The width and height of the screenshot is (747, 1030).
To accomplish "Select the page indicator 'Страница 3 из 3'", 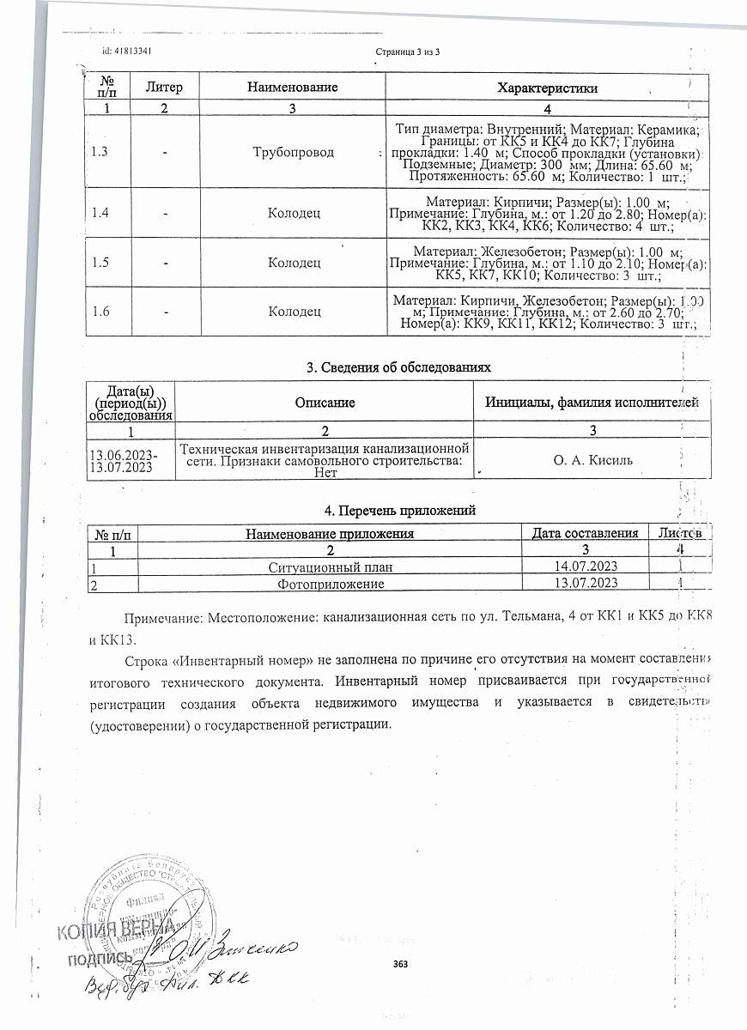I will coord(408,52).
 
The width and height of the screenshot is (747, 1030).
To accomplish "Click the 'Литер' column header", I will coord(163,88).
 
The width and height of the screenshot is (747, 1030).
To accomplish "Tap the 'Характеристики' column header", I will coord(548,88).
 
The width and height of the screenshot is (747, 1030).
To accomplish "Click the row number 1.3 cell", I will coord(100,152).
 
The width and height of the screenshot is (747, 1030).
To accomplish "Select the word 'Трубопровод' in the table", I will coord(293,152).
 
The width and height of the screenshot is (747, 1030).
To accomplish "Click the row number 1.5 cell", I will coord(100,263).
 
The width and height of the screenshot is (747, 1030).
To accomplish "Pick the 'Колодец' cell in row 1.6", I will coord(295,312).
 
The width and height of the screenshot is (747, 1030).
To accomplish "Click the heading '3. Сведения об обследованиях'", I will coord(399,367).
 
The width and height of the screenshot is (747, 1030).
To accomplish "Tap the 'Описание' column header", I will coord(325,402).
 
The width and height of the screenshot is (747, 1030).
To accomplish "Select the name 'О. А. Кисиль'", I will coord(592,460).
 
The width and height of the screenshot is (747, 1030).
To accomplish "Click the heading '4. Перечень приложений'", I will coord(399,511).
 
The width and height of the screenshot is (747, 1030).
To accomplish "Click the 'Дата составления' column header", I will coord(585,534).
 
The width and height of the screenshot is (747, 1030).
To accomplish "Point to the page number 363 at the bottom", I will coord(400,965).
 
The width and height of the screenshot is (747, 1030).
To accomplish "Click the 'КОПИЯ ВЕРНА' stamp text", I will coord(116,930).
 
